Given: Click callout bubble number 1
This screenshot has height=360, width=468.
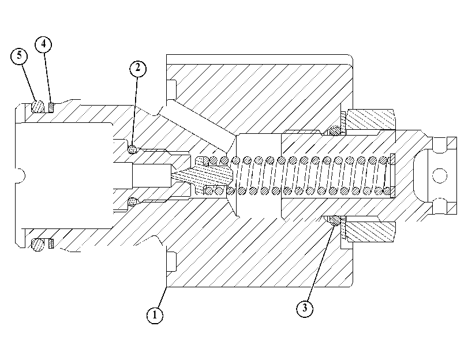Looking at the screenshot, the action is coord(155,315).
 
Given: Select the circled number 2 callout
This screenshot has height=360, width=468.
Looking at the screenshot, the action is coord(137,69).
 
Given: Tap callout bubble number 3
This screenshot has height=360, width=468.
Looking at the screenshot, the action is coord(305,308).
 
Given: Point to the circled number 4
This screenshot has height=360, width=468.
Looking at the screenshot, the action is coord(44,44).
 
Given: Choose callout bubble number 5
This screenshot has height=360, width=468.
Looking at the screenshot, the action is coord(19,56).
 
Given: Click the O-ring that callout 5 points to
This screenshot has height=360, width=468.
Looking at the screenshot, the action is coord(38,106).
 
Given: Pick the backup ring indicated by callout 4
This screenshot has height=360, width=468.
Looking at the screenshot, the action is coord(51,107).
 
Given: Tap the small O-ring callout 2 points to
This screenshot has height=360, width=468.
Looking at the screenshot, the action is coord(132,149).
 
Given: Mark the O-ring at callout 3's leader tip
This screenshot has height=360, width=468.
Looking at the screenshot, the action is coord(335,221).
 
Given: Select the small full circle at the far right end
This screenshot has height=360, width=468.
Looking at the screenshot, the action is coord(439,175).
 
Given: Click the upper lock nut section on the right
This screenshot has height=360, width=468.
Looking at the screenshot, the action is coord(370,119).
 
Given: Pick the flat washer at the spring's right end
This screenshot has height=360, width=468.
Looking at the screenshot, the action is coord(392,175).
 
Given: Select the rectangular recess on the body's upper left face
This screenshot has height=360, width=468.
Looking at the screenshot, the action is coord(171,89).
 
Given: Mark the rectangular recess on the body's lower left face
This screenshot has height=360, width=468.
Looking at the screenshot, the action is coord(171,261).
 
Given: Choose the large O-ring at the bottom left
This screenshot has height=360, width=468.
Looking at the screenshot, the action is coord(38,245).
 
